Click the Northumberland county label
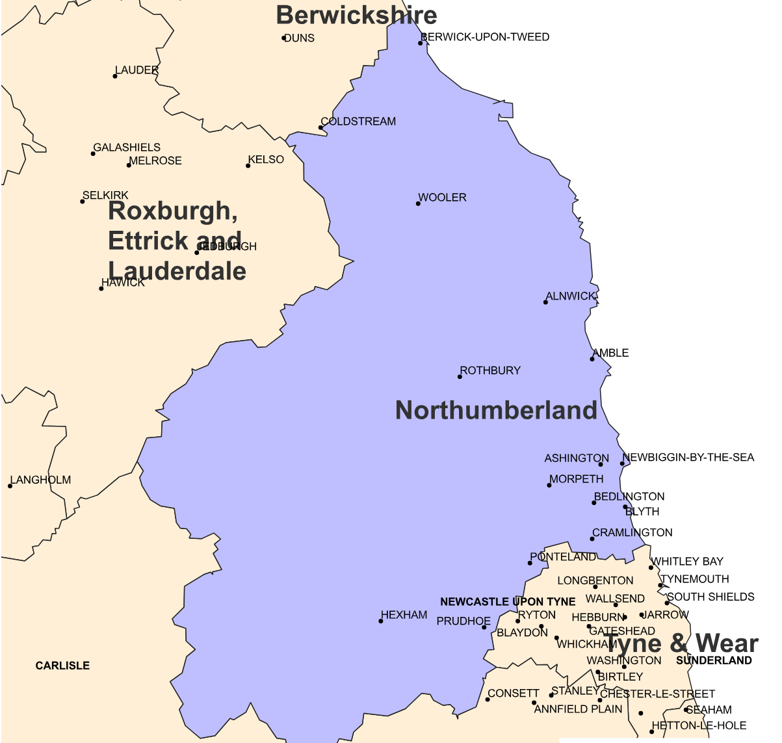496,410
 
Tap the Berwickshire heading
356,15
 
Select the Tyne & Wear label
681,644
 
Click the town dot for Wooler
418,203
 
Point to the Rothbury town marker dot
460,376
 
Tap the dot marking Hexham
381,621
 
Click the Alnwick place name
571,296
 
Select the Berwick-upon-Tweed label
486,37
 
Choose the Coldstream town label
359,122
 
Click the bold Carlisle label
62,666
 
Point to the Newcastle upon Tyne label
508,602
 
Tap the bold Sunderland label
714,660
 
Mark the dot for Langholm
10,486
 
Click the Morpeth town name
577,479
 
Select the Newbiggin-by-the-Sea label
689,458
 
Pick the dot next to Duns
283,38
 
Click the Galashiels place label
127,148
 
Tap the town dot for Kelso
248,166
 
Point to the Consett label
514,694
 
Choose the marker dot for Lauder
115,76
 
